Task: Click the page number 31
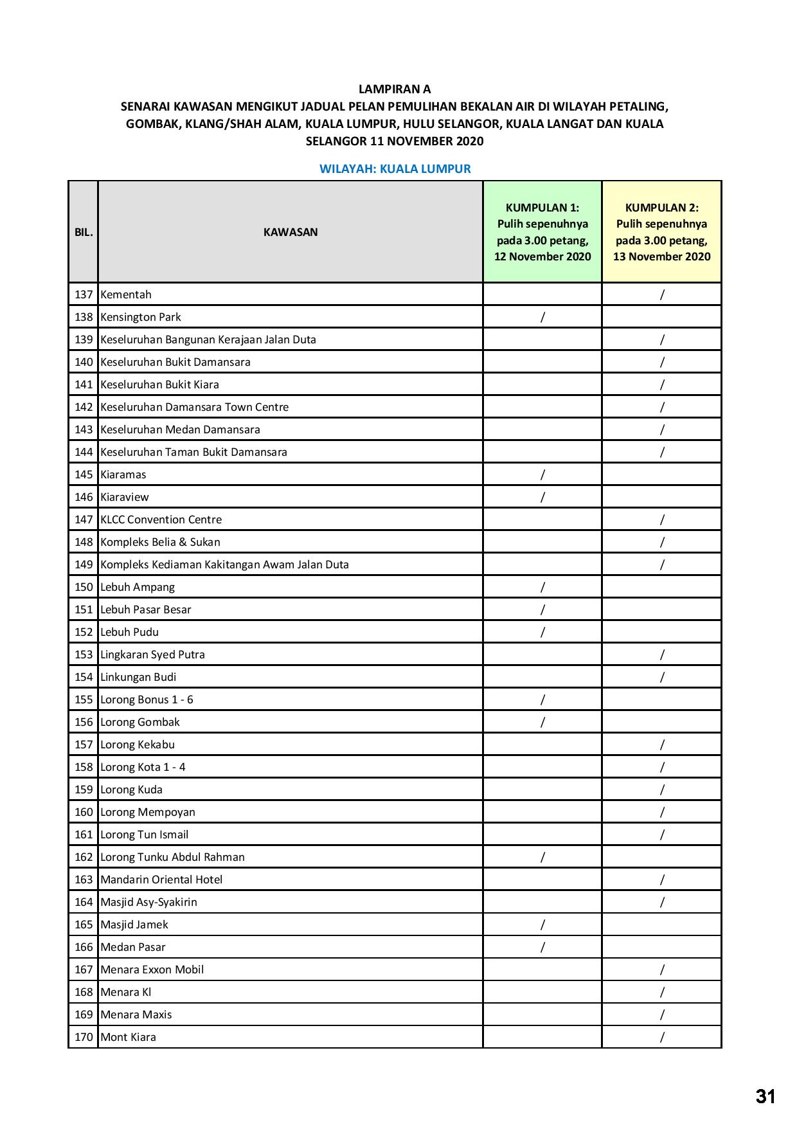point(766,1096)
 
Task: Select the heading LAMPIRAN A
point(394,89)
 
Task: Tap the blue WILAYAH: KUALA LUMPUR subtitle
point(395,169)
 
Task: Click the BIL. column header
point(84,232)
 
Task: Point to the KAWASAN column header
point(290,232)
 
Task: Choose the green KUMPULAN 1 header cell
point(542,232)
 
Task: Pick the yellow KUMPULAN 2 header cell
point(661,232)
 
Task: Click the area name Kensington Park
point(141,317)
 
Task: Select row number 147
point(84,519)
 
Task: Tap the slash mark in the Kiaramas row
point(542,474)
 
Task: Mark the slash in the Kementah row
point(662,294)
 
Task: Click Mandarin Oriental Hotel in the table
point(161,879)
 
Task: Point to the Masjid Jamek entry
point(134,924)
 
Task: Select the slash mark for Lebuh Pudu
point(542,632)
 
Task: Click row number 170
point(84,1037)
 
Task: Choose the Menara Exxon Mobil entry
point(152,969)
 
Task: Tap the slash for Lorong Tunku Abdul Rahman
point(542,857)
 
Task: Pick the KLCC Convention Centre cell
point(161,519)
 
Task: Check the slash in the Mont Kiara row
point(662,1037)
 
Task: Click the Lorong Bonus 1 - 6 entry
point(147,699)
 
